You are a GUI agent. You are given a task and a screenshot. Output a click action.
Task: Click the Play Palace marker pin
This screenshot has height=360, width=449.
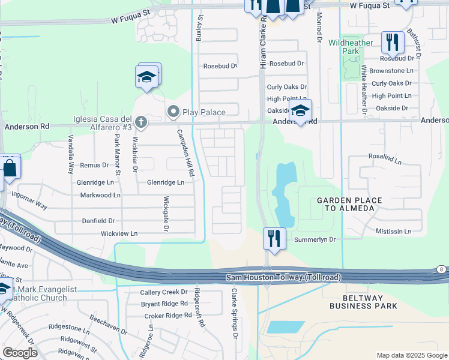click(x=174, y=112)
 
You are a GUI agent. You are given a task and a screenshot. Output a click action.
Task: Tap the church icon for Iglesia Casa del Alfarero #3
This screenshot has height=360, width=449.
click(x=141, y=123)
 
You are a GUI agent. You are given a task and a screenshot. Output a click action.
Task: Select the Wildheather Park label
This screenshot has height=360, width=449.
click(x=351, y=47)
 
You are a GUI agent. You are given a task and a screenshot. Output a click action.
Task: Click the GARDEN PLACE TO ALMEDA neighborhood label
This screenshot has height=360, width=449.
click(x=345, y=204)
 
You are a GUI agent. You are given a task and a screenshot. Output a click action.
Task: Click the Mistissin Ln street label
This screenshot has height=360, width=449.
click(x=393, y=231)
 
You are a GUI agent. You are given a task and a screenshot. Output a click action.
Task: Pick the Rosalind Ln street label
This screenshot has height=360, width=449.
click(x=385, y=157)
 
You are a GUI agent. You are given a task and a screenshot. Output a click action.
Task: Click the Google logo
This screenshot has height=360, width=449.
click(x=19, y=353)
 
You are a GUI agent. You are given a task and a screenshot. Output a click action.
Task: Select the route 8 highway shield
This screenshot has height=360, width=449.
click(x=441, y=269)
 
